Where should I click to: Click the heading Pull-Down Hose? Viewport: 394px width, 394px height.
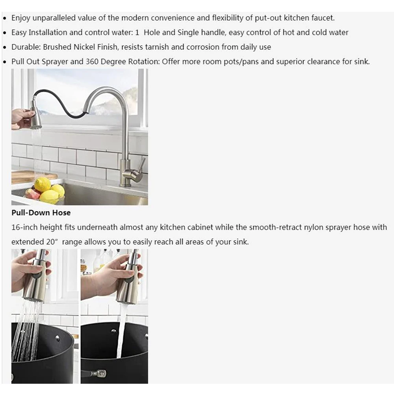[41, 213]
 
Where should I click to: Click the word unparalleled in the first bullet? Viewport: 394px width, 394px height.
[48, 18]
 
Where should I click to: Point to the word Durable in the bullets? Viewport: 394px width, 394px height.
[25, 47]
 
